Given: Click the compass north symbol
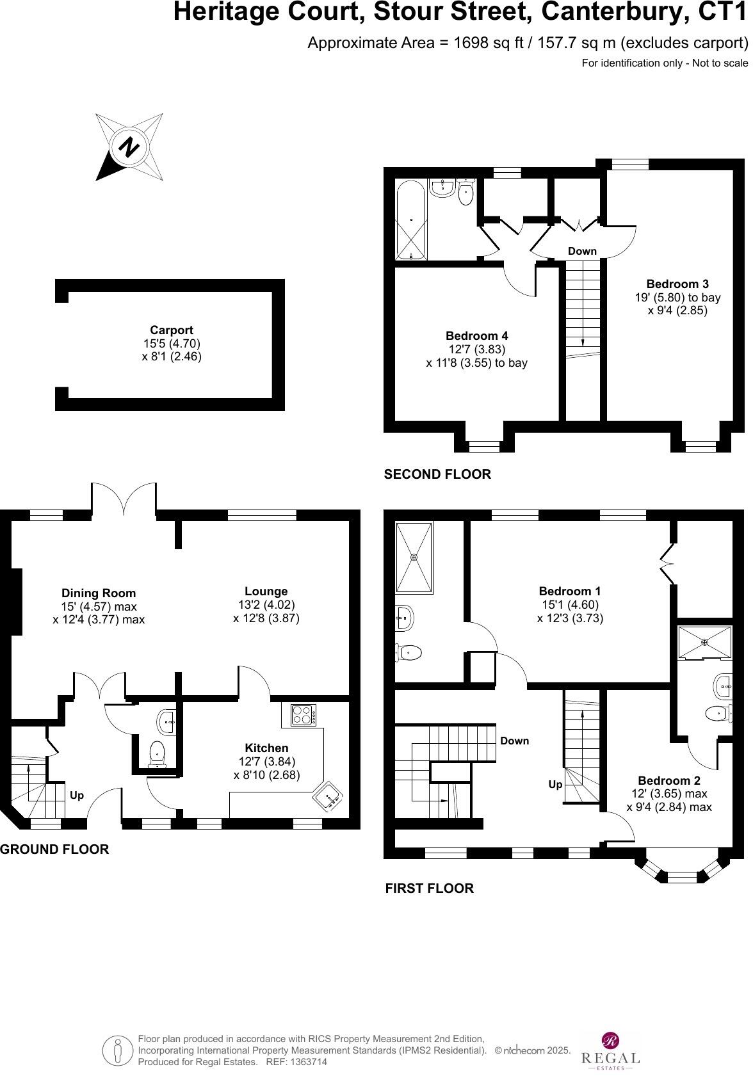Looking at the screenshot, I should click(x=129, y=147).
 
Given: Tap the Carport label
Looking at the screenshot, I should click(x=172, y=330).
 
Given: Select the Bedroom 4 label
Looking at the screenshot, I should click(x=476, y=336).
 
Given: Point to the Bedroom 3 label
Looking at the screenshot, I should click(x=677, y=284).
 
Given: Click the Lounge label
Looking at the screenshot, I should click(x=266, y=591).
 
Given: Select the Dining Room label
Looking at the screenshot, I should click(x=99, y=593).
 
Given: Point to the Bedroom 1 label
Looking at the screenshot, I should click(x=570, y=591).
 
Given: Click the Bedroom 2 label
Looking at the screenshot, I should click(x=669, y=781).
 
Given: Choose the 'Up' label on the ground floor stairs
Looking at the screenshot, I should click(x=77, y=796).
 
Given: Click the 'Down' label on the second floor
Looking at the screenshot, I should click(x=582, y=252).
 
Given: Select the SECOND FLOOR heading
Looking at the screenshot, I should click(x=437, y=474).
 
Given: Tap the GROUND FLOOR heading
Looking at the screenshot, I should click(x=54, y=849).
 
